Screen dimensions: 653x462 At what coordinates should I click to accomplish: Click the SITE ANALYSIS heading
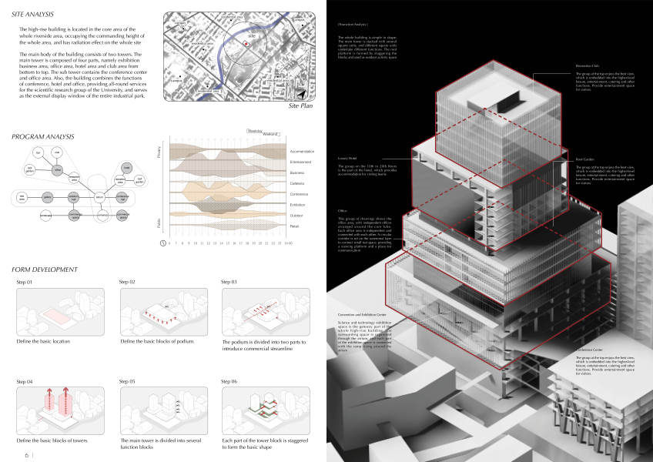(33, 13)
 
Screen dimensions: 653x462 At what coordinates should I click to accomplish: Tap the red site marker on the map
(246, 45)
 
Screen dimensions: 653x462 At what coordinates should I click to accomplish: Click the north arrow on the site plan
(303, 94)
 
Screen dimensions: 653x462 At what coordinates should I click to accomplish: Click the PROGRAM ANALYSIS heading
(43, 136)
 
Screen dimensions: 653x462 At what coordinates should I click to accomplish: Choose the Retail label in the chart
(294, 226)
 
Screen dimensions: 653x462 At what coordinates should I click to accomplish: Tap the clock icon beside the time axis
(162, 243)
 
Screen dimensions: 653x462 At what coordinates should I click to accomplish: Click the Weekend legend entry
(270, 134)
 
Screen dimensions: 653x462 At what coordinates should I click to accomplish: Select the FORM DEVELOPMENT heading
(45, 269)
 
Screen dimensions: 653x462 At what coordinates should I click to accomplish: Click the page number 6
(26, 455)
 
